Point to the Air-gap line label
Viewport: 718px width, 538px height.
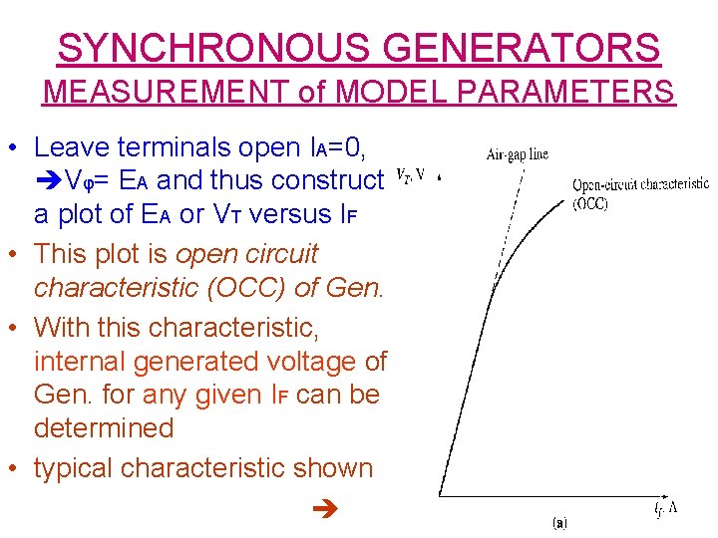tap(518, 154)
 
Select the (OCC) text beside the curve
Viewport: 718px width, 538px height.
tap(591, 203)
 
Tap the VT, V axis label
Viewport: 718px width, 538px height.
tap(412, 175)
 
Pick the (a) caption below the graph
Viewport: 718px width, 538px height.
tap(560, 521)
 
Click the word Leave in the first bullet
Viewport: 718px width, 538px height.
tap(72, 147)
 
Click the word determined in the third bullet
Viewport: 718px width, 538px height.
tap(104, 428)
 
